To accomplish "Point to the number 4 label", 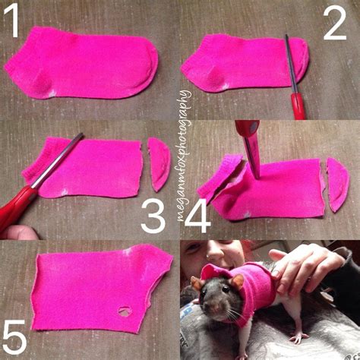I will pos(197,217).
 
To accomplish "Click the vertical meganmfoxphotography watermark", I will pos(182,156).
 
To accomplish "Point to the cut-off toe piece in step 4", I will pos(336,184).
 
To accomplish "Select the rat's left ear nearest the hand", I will pos(237,283).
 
